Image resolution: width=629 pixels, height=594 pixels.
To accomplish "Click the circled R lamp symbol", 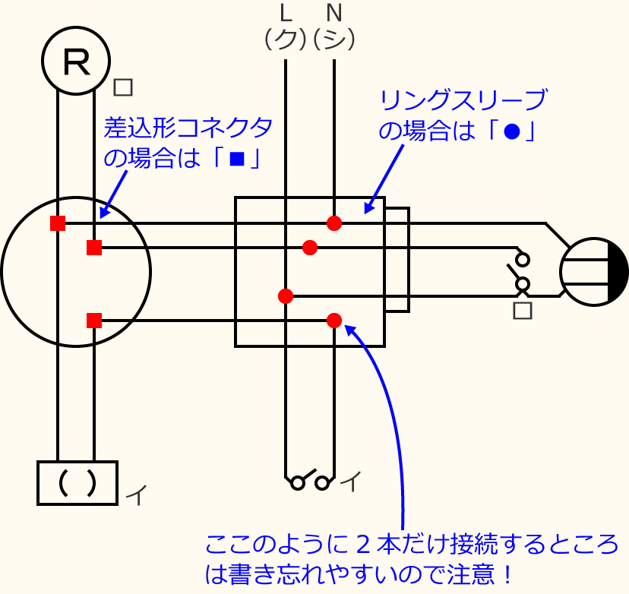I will pyautogui.click(x=76, y=61).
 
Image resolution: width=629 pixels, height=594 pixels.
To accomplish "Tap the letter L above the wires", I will pyautogui.click(x=286, y=13).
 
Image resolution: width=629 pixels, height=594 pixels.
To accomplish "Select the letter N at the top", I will pyautogui.click(x=333, y=13).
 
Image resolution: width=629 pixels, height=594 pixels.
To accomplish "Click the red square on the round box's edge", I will pyautogui.click(x=58, y=223).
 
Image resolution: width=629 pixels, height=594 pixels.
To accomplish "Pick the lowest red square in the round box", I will pyautogui.click(x=94, y=321).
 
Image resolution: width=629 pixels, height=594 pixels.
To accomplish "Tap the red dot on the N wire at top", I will pyautogui.click(x=334, y=223).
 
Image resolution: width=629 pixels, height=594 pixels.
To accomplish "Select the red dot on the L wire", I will pyautogui.click(x=286, y=296).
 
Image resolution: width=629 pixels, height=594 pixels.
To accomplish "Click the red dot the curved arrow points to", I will pyautogui.click(x=334, y=321).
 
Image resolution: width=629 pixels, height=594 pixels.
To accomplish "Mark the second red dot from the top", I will pyautogui.click(x=310, y=248).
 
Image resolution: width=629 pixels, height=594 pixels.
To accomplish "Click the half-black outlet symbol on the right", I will pyautogui.click(x=594, y=272).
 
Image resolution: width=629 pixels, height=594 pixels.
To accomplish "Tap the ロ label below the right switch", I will pyautogui.click(x=522, y=310).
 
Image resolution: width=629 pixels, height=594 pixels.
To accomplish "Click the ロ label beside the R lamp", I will pyautogui.click(x=122, y=87).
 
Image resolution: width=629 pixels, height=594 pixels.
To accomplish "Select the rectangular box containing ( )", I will pyautogui.click(x=77, y=483).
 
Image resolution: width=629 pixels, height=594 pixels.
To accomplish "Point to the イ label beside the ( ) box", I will pyautogui.click(x=136, y=495).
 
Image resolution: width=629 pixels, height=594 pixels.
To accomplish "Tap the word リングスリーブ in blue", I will pyautogui.click(x=463, y=100).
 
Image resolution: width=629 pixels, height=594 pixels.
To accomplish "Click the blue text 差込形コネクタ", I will pyautogui.click(x=188, y=128).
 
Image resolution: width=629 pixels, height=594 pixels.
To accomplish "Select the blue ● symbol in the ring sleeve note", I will pyautogui.click(x=511, y=132).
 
